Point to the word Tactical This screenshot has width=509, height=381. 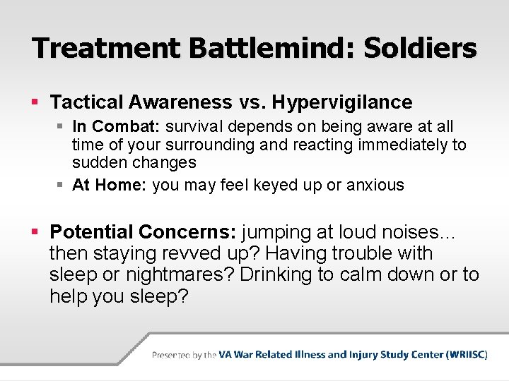[x=86, y=102]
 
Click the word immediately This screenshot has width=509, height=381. [x=399, y=145]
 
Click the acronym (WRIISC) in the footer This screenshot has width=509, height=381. [x=467, y=355]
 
